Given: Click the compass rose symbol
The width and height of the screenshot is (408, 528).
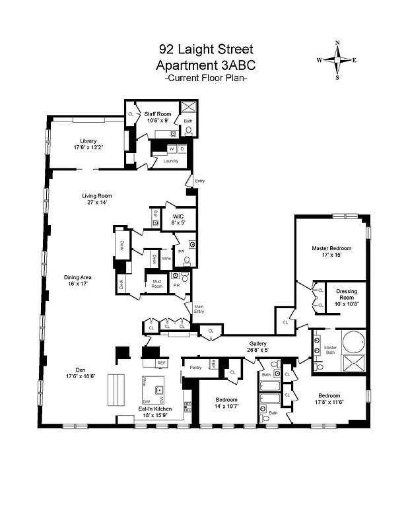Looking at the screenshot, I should click(x=337, y=60).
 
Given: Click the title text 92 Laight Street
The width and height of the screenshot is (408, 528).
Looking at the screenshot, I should click(x=205, y=49).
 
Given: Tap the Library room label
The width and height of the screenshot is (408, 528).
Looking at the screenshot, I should click(x=88, y=141).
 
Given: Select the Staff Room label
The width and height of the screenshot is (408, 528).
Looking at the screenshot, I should click(x=158, y=114).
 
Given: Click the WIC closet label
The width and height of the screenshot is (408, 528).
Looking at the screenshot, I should click(x=178, y=216).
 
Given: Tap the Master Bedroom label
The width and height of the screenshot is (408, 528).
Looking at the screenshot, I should click(x=331, y=248).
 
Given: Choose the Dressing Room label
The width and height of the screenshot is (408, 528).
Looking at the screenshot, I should click(x=347, y=294).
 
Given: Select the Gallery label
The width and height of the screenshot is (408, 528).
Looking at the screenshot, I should click(x=257, y=343).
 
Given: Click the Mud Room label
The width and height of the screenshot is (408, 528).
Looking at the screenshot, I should click(x=156, y=283).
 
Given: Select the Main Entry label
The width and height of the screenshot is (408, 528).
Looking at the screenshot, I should click(x=199, y=309).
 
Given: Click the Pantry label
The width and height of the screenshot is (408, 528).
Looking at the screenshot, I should click(x=195, y=367).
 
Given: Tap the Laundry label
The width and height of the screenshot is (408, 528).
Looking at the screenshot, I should click(x=170, y=160).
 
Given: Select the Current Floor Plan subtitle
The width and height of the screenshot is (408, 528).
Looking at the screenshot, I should click(x=205, y=79).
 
